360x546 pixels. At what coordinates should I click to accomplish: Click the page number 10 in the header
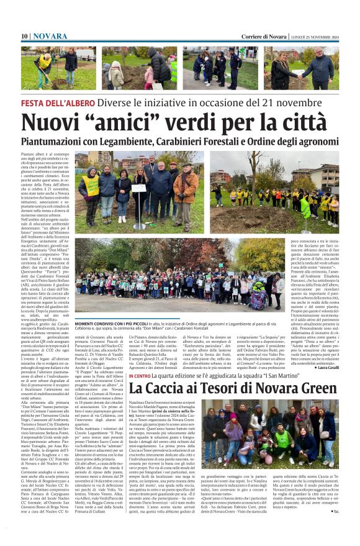point(24,37)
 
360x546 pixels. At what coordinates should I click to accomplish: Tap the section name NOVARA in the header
point(50,37)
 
